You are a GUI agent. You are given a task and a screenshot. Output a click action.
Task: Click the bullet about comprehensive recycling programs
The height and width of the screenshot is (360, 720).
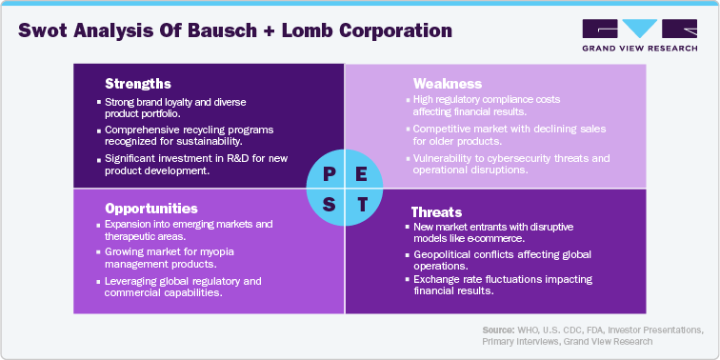(176, 132)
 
